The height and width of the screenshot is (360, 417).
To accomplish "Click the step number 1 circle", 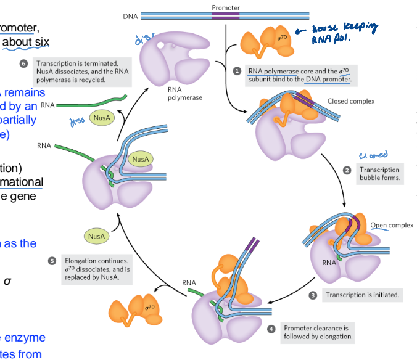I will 236,72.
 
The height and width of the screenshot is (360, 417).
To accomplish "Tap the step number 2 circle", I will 347,170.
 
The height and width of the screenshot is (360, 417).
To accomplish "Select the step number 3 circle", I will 313,295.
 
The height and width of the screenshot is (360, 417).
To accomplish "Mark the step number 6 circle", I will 24,64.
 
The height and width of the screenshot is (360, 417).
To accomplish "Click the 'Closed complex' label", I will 350,101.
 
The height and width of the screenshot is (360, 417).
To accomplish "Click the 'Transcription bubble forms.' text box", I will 379,174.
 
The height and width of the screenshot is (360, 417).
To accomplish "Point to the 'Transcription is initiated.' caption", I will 362,295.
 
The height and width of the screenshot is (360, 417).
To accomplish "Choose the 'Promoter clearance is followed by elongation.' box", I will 316,332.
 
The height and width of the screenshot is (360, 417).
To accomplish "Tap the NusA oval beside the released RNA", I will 102,117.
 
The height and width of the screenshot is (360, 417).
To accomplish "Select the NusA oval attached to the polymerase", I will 139,159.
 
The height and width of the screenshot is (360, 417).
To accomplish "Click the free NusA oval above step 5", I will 96,235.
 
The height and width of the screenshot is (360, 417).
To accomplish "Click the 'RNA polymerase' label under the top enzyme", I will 184,93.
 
